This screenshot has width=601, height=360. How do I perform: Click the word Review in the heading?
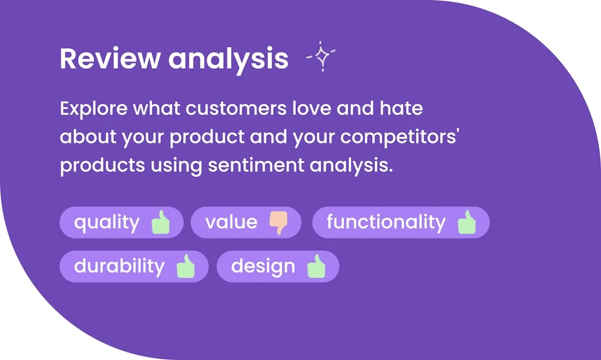tap(110, 58)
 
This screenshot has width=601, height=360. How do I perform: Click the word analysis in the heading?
tap(228, 60)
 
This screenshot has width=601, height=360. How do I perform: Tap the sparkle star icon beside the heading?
tap(321, 56)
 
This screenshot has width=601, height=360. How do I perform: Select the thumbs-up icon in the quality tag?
tap(161, 222)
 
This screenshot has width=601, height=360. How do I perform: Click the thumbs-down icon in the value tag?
tap(279, 223)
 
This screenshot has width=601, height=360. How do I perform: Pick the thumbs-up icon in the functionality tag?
tap(467, 222)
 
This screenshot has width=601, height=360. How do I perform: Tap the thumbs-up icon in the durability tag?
tap(185, 266)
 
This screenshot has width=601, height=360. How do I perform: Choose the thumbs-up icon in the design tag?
tap(316, 266)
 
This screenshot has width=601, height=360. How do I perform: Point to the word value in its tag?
tap(231, 222)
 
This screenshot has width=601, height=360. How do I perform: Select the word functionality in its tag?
tap(386, 223)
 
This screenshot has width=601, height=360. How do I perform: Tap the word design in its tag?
tap(263, 267)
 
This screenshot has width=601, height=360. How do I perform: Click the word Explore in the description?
tap(93, 109)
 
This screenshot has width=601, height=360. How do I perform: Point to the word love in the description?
tap(312, 108)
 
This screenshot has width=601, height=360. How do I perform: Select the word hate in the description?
tap(401, 108)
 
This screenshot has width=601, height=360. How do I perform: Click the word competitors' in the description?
tap(400, 137)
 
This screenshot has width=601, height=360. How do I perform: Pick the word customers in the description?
tap(236, 109)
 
